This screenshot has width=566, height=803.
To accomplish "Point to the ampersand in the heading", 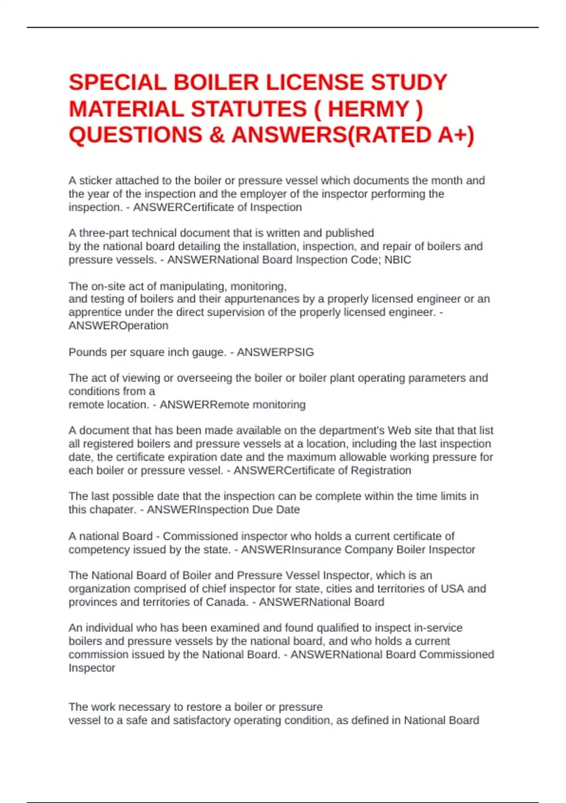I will pos(216,135).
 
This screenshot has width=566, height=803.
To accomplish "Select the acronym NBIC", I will pos(398,260).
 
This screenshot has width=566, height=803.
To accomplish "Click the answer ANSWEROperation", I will pos(118,325).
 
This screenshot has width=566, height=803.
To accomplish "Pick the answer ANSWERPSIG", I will pos(275,352).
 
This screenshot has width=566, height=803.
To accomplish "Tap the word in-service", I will pos(438,628).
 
